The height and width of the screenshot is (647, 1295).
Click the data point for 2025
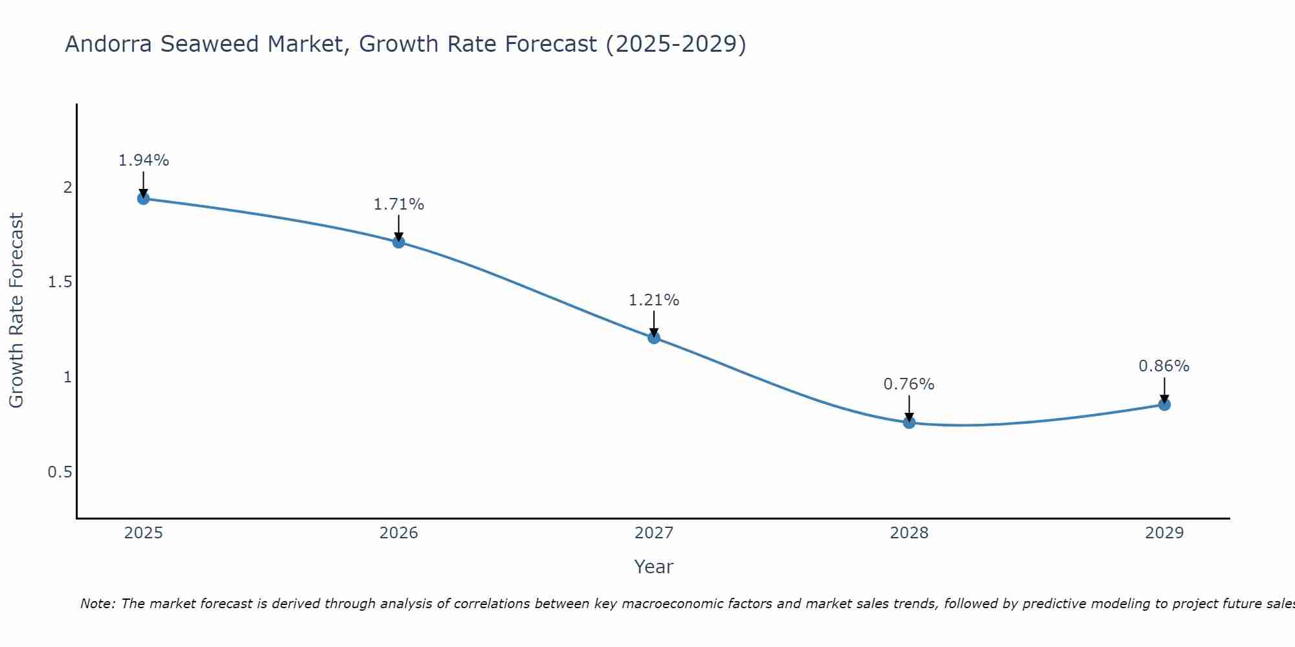144,199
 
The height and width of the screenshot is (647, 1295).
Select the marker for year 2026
399,242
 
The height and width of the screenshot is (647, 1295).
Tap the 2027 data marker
654,337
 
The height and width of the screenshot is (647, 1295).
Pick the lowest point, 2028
909,422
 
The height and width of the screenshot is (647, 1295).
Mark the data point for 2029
1164,404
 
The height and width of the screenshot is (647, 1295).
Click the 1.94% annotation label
144,160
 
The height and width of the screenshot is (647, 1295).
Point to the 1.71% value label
399,204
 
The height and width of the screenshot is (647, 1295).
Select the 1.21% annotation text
654,300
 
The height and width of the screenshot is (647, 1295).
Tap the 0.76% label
909,384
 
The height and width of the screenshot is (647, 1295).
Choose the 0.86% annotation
1164,366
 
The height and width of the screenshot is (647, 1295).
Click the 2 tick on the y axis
67,188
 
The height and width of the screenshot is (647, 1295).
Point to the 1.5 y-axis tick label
60,282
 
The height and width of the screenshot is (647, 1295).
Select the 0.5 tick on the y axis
60,472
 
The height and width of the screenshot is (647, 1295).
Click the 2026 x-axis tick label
399,533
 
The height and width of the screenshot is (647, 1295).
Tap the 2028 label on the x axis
909,533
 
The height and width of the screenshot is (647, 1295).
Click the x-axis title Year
654,567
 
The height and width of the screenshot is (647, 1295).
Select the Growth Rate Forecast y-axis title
16,311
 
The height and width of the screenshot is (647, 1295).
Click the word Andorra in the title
109,44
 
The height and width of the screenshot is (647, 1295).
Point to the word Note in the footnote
97,604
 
